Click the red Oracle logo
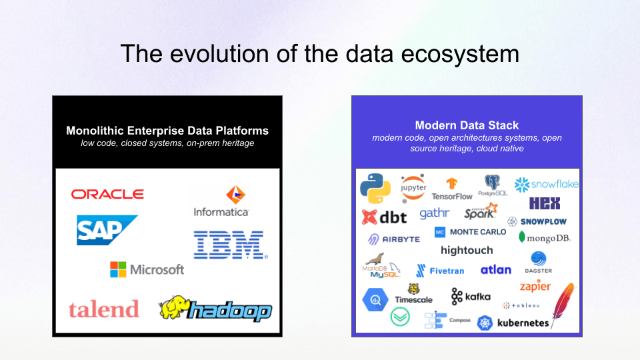107,194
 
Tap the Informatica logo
221,201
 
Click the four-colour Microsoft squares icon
118,269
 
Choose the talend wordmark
103,309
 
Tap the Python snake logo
375,187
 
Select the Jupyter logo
413,187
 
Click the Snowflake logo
546,184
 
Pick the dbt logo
384,217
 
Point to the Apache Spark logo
481,211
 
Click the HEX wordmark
545,203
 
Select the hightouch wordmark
467,250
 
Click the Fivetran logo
440,271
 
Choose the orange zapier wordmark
535,287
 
